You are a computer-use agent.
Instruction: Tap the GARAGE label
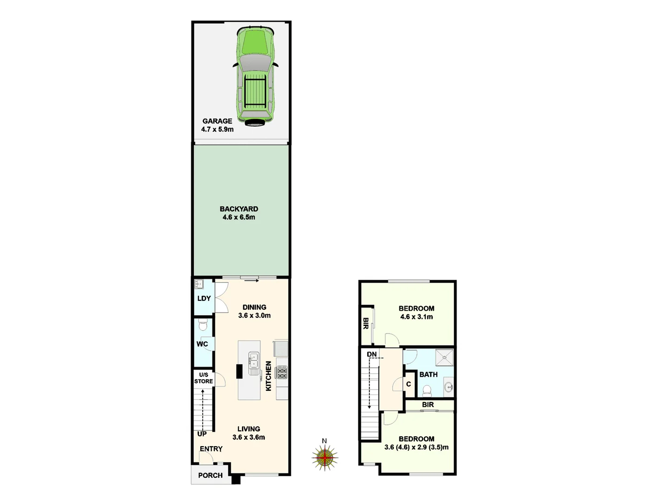[x=217, y=121]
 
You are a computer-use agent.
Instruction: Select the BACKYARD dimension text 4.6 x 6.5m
[x=239, y=218]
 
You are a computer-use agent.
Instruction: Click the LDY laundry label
[x=204, y=299]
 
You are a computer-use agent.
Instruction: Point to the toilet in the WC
[x=203, y=325]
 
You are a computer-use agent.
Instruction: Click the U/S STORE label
[x=204, y=378]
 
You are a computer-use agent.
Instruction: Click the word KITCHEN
[x=268, y=376]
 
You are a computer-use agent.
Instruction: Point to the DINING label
[x=254, y=307]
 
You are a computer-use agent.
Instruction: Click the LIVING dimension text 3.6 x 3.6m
[x=249, y=437]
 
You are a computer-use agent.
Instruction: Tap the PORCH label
[x=210, y=476]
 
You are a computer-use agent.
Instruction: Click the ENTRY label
[x=211, y=449]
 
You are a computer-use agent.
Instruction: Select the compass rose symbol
[x=325, y=457]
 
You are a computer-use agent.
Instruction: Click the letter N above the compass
[x=324, y=441]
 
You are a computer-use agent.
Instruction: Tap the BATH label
[x=428, y=374]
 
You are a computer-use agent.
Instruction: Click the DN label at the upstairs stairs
[x=371, y=354]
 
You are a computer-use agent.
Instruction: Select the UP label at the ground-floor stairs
[x=202, y=434]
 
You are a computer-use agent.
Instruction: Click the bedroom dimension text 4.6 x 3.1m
[x=417, y=317]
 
